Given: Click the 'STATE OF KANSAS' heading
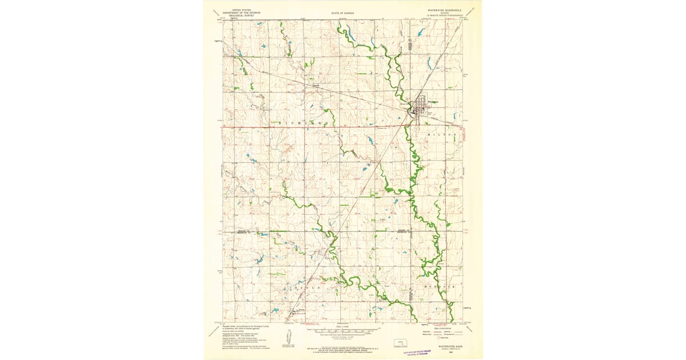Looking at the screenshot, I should tap(342, 11).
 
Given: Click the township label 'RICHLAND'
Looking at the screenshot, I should tap(304, 123).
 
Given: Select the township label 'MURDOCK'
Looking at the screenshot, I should tap(440, 285).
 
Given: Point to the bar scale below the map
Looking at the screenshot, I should tap(343, 331).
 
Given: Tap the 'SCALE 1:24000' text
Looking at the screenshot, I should tap(342, 327).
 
